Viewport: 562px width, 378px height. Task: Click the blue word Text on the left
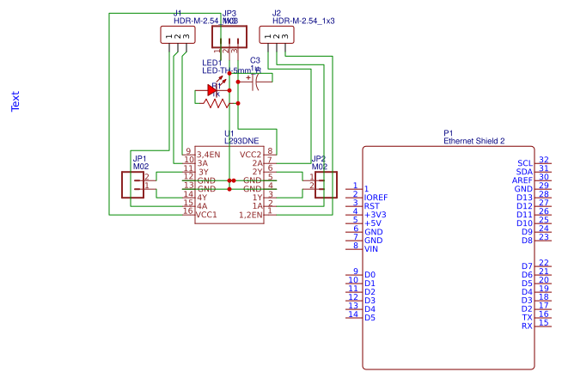click(x=15, y=102)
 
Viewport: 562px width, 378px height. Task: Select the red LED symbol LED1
click(x=213, y=88)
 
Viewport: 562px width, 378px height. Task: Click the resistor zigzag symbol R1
click(x=217, y=102)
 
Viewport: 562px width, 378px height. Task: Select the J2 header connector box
click(x=276, y=35)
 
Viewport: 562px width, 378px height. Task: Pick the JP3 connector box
click(x=228, y=35)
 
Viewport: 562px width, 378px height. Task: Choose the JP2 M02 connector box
click(x=325, y=184)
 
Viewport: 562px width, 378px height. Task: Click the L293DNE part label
click(x=241, y=140)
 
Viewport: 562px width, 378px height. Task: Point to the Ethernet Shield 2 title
click(x=473, y=140)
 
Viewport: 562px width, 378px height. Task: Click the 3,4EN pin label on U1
click(x=209, y=154)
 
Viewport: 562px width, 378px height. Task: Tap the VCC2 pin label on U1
click(x=250, y=154)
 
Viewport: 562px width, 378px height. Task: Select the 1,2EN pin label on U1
click(x=250, y=214)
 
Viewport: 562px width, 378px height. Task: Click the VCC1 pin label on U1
click(x=206, y=214)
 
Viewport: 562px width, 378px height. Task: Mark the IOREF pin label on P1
click(x=376, y=198)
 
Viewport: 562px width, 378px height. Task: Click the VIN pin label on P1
click(x=371, y=249)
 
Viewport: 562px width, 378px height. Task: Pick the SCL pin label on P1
click(x=524, y=163)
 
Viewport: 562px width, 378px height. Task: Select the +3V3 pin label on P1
click(x=376, y=215)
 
